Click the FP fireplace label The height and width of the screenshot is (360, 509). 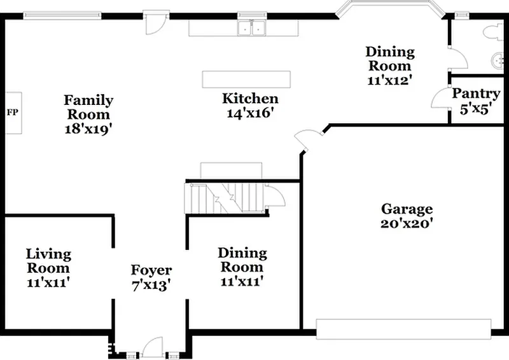tap(13, 113)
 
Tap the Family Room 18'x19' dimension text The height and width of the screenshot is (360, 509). tap(88, 129)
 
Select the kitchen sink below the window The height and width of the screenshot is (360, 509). tap(251, 28)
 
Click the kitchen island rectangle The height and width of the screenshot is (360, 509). tap(246, 80)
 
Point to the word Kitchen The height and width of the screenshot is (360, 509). tap(250, 99)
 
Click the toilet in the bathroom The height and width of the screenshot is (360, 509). tap(495, 32)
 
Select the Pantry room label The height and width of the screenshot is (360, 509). tap(475, 93)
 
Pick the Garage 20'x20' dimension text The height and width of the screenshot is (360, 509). tap(407, 224)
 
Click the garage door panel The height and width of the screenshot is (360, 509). tap(403, 329)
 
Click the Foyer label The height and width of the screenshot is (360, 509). tap(151, 270)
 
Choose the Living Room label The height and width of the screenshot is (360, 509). tap(48, 261)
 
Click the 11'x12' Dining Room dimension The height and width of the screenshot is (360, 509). tap(390, 80)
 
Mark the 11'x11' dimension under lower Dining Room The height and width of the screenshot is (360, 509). tap(242, 281)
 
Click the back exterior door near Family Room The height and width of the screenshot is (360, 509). tap(156, 23)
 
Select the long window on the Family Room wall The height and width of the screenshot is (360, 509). tap(62, 15)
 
